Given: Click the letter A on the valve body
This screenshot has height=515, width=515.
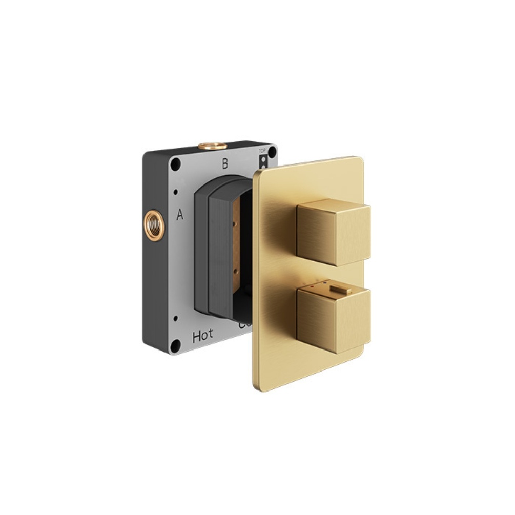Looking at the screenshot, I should point(180,215).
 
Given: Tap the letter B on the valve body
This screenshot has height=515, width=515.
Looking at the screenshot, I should point(224,164).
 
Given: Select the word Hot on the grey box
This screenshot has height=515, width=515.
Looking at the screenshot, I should point(203,337).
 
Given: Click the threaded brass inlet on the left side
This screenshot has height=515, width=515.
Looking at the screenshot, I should point(154,224).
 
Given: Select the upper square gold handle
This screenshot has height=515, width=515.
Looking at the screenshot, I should point(334,233).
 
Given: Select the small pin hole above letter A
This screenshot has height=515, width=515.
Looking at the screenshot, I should point(176,193).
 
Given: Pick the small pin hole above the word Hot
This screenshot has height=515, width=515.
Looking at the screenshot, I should point(176,318).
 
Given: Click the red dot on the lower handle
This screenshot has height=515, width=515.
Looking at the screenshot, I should point(310,282).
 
